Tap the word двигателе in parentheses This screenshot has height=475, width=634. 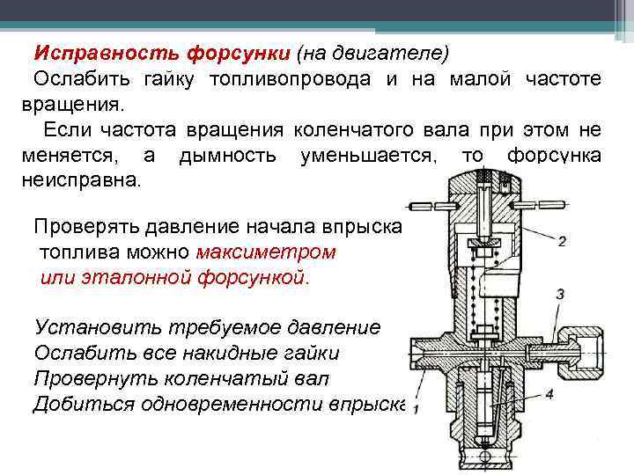point(396,53)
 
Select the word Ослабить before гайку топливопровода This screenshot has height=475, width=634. point(78,79)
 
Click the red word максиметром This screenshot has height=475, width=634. point(267,252)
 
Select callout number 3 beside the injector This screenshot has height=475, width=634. point(561,293)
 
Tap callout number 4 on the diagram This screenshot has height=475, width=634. point(549,394)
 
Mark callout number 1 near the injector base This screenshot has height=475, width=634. point(415,409)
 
